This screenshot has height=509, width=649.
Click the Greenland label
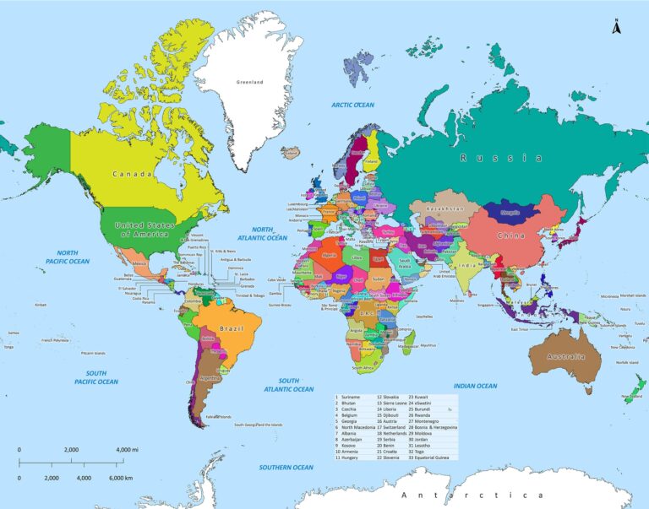[x=250, y=82]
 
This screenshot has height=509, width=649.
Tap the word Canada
[x=133, y=175]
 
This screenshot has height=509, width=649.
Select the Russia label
[x=500, y=158]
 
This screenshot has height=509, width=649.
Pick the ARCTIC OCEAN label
[x=352, y=106]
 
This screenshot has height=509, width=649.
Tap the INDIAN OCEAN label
[x=475, y=386]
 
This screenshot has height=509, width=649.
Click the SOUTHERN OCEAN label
[x=286, y=467]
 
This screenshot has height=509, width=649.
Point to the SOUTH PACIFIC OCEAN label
[x=95, y=377]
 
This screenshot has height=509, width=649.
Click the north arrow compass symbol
[x=617, y=27]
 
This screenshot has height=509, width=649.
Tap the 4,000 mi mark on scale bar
[x=129, y=450]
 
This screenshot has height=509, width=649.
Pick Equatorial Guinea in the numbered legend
[x=433, y=458]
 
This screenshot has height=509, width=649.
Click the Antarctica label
[x=472, y=495]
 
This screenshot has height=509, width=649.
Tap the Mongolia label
[x=510, y=212]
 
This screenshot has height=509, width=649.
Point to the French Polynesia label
[x=54, y=341]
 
